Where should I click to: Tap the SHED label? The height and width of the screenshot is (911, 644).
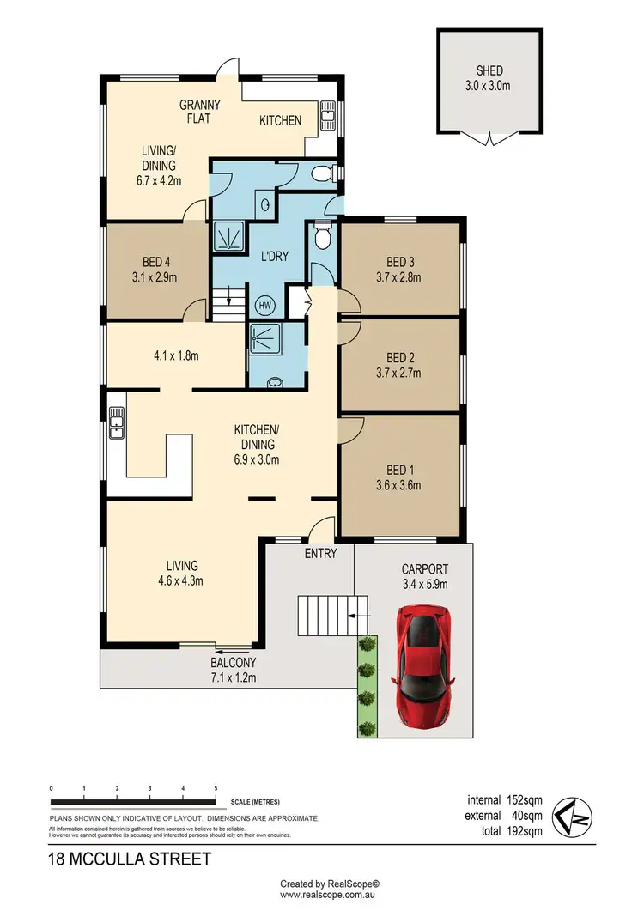tap(490, 70)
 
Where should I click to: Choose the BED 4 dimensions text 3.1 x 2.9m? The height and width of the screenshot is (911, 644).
tap(155, 277)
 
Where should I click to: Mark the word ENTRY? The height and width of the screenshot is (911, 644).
tap(321, 554)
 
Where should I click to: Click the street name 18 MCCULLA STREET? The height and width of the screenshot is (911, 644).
tap(130, 859)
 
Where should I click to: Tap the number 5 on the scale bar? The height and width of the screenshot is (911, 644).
tap(215, 788)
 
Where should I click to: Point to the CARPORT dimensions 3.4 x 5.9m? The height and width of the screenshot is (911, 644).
tap(424, 584)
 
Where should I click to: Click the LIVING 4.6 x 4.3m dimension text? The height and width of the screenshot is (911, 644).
tap(181, 580)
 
